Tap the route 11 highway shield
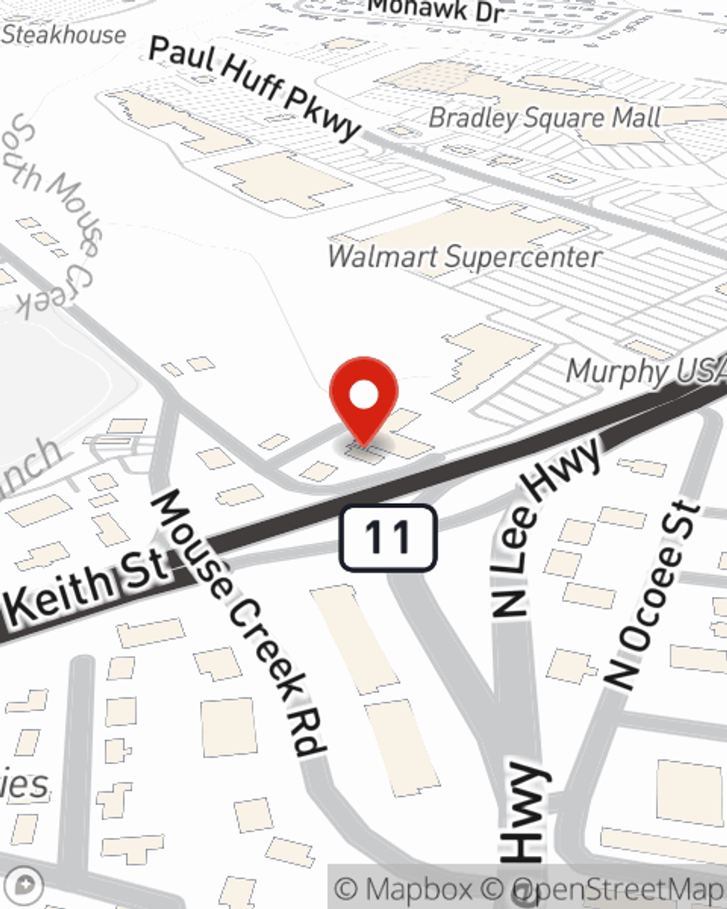(388, 537)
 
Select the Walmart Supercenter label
(465, 257)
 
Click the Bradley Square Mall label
(545, 118)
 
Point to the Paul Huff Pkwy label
(254, 87)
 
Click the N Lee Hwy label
(547, 527)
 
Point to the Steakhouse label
(64, 34)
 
